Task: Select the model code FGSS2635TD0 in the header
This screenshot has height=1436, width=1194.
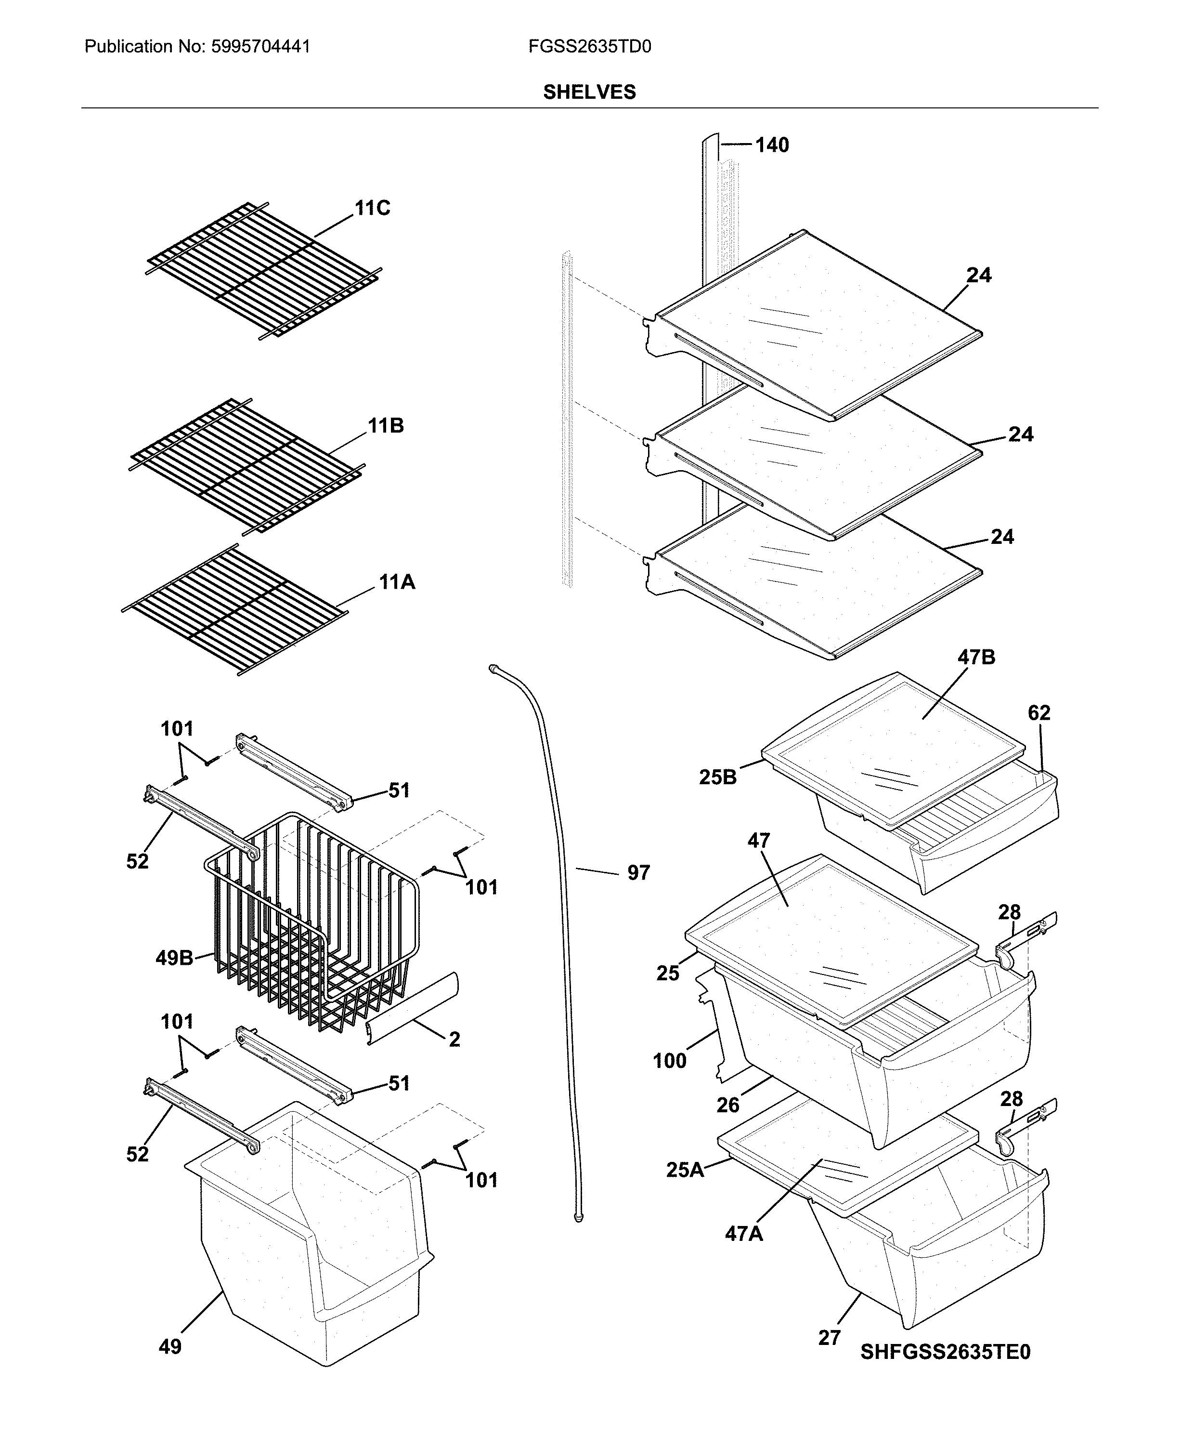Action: tap(589, 47)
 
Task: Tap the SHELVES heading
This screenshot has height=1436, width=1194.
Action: tap(589, 92)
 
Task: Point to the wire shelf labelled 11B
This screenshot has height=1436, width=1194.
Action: tap(246, 465)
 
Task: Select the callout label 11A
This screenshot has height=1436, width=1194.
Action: tap(397, 582)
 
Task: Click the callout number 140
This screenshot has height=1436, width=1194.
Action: tap(772, 145)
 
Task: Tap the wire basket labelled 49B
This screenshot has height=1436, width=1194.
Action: tap(314, 923)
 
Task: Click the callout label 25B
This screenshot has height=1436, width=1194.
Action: tap(718, 777)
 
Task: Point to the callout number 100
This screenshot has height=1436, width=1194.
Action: tap(669, 1061)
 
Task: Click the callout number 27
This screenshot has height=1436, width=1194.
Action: tap(829, 1338)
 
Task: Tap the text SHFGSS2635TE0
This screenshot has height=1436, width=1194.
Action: tap(945, 1352)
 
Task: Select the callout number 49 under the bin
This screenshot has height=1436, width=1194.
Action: tap(170, 1346)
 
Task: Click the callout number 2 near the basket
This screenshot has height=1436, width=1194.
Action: tap(454, 1040)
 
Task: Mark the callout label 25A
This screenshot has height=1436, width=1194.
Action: tap(685, 1170)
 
